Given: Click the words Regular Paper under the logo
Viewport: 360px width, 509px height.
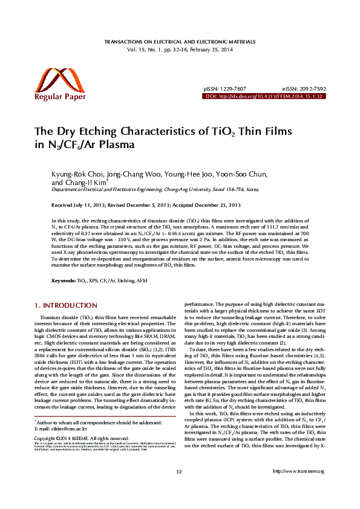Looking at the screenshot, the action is [x=61, y=96].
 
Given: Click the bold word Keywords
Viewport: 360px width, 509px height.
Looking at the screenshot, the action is [x=63, y=281].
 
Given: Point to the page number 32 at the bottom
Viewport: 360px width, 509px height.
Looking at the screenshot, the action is [x=179, y=488].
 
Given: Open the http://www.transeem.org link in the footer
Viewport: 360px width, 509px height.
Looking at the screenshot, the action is [x=299, y=488].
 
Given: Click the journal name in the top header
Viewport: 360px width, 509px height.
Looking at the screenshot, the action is [x=180, y=44].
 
